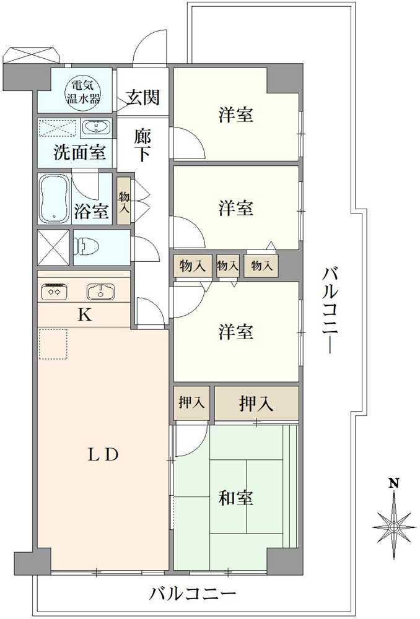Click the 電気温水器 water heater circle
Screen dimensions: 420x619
click(82, 92)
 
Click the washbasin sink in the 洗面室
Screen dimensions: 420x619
click(97, 128)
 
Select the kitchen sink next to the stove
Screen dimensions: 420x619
click(101, 292)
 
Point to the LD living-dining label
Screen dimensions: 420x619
click(103, 456)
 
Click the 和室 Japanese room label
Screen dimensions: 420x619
click(236, 498)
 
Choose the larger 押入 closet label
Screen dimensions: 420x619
click(256, 404)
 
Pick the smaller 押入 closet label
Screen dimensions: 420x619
click(191, 403)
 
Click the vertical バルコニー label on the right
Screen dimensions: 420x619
click(330, 311)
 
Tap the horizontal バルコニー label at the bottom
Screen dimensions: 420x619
click(193, 594)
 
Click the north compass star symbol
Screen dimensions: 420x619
click(394, 527)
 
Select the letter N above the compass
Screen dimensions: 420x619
click(394, 483)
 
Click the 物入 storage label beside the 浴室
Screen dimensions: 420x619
click(124, 202)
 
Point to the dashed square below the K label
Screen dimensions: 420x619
click(53, 344)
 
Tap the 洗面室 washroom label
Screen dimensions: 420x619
click(79, 152)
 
